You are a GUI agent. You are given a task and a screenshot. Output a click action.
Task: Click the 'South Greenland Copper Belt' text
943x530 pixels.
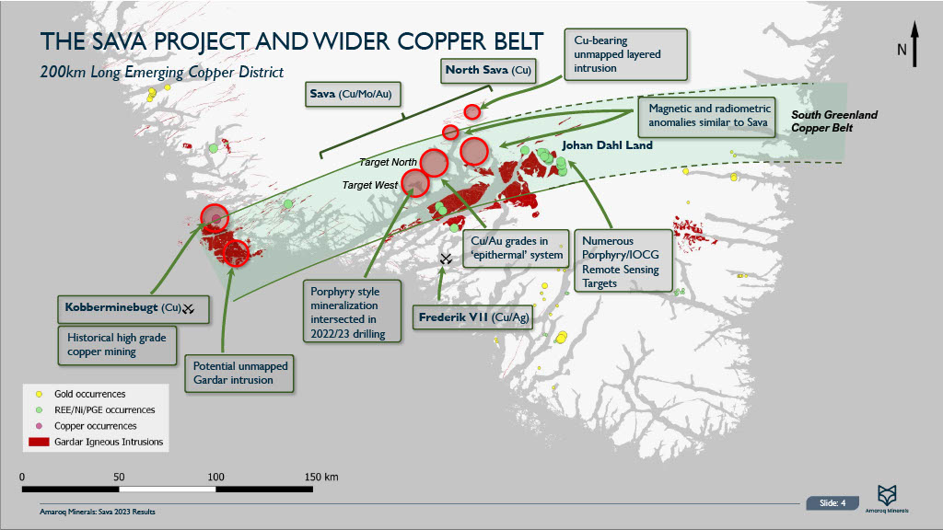point(835,121)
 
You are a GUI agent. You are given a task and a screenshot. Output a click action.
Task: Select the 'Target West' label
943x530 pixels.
point(370,185)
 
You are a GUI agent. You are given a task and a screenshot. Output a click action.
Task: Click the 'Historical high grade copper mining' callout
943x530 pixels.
point(116,344)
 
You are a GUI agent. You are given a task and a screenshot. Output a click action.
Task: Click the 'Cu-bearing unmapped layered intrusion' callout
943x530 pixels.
point(626,53)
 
